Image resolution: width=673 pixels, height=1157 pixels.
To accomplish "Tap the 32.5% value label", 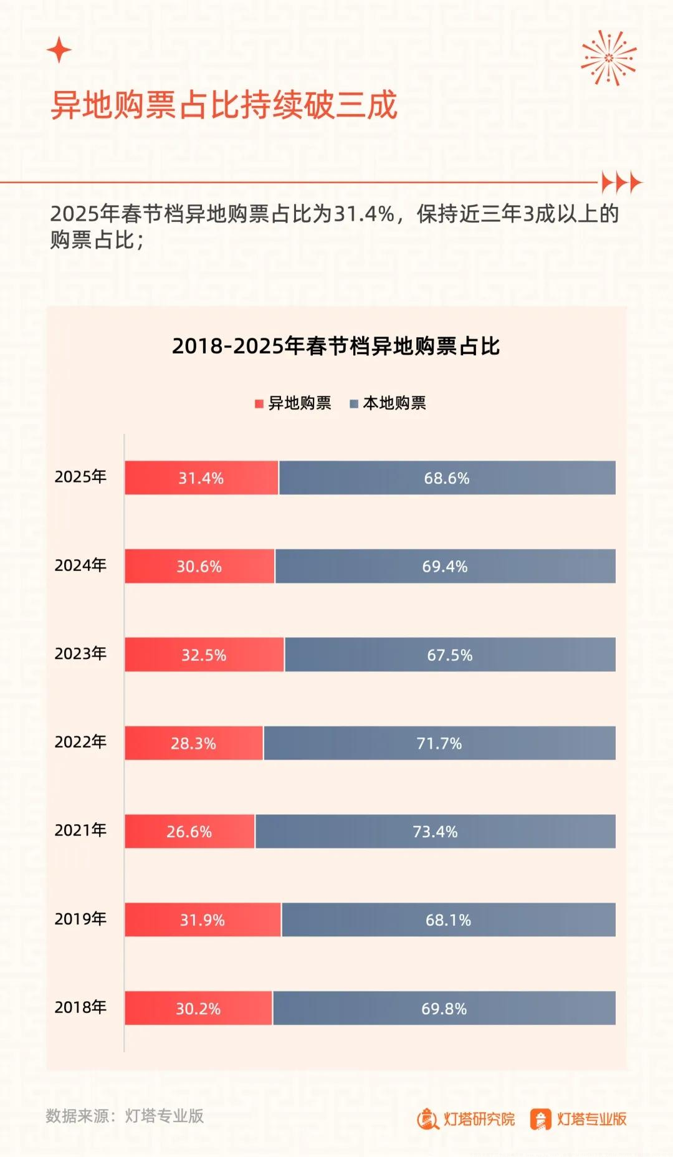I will (x=204, y=655).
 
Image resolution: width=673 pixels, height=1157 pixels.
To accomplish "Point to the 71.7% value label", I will (x=439, y=743).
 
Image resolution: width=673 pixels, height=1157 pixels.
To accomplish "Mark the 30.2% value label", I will (x=198, y=1009).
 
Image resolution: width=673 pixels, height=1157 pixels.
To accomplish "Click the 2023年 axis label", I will (x=80, y=653).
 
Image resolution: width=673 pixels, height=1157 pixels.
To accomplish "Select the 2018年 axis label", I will (x=80, y=1007).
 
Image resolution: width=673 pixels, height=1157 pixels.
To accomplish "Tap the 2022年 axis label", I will (x=80, y=742).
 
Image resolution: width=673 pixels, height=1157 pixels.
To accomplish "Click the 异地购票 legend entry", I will (x=293, y=403).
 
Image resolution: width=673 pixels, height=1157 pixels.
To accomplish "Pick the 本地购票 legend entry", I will (x=388, y=403).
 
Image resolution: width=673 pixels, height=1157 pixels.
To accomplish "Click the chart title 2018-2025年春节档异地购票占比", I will (x=336, y=346).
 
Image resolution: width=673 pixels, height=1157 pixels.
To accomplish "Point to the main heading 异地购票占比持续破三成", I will (x=224, y=105).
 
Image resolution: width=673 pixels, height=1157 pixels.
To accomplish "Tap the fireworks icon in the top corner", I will (x=609, y=58).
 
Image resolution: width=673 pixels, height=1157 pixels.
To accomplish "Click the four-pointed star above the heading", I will (x=59, y=50).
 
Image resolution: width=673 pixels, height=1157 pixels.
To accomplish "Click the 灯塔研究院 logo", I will (x=466, y=1119).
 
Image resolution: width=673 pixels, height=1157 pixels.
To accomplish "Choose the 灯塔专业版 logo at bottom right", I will (x=578, y=1119).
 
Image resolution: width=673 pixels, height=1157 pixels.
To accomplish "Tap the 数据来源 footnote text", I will (x=125, y=1116).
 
